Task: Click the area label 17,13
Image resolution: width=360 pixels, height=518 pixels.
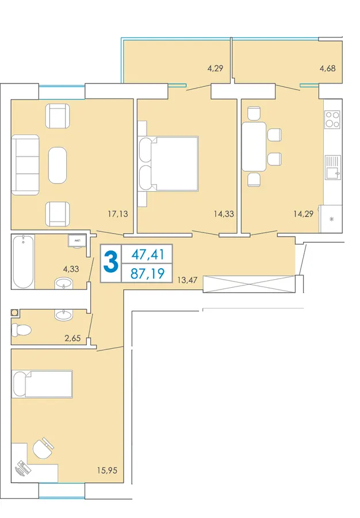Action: click(118, 214)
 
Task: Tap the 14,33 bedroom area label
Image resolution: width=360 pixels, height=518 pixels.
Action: click(224, 214)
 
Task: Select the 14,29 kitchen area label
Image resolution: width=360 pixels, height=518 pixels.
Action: click(303, 214)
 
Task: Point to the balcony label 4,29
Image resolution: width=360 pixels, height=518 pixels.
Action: click(215, 68)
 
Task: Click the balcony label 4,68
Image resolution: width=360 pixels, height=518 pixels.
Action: click(328, 68)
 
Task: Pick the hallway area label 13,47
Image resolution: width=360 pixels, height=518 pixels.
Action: click(187, 280)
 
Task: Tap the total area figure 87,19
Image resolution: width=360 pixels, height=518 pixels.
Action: click(147, 273)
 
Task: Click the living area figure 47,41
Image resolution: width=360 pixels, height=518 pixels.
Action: click(147, 254)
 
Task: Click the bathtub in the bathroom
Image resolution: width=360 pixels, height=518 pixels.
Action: click(23, 261)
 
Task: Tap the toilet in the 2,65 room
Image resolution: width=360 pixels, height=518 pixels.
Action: click(21, 329)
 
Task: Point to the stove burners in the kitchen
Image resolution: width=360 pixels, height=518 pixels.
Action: click(332, 120)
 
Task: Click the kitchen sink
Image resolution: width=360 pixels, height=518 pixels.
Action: click(332, 167)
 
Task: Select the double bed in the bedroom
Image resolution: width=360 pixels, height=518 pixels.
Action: click(168, 164)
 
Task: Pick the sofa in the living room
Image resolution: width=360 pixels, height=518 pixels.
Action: click(25, 165)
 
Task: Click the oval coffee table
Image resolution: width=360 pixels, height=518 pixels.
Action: click(58, 165)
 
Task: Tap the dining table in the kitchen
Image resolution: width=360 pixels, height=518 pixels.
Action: click(254, 146)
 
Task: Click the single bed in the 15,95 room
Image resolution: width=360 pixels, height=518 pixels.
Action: click(42, 384)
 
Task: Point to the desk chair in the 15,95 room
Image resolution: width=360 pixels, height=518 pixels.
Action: click(43, 448)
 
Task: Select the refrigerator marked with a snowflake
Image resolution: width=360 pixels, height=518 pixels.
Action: click(331, 219)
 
